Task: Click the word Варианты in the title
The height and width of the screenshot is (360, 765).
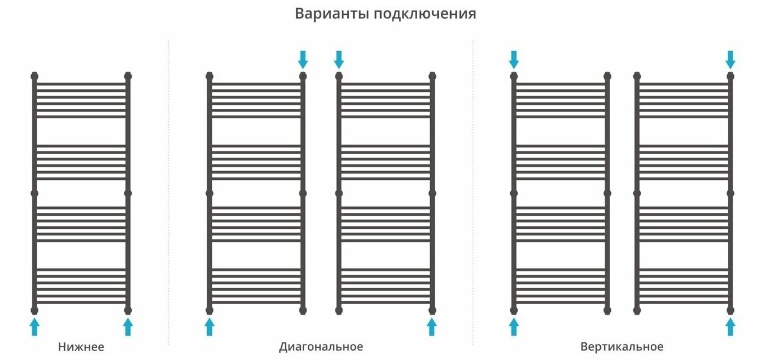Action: (x=331, y=14)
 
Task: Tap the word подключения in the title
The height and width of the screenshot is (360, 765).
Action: (x=424, y=14)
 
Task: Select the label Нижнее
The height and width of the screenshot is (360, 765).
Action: (x=81, y=346)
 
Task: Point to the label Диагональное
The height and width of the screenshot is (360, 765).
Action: (x=321, y=346)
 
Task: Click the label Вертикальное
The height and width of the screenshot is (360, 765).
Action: (x=621, y=346)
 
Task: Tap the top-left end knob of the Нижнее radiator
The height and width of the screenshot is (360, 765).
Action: (x=34, y=76)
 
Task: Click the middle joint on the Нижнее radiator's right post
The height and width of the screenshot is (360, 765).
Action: (x=128, y=192)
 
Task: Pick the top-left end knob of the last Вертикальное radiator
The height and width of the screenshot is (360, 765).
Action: (x=637, y=76)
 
